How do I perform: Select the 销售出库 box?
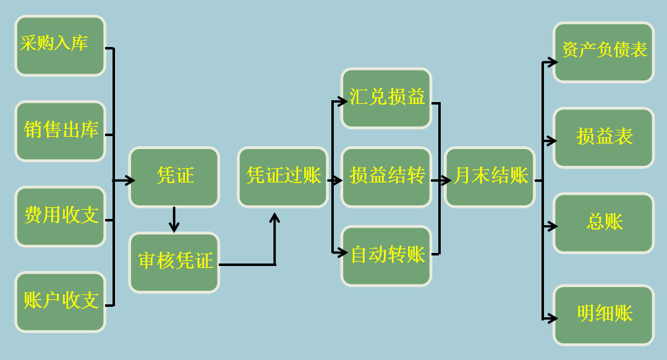coord(61,131)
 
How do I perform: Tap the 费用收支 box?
coord(61,216)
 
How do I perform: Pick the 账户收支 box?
coord(61,302)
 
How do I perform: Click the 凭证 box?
coord(174,177)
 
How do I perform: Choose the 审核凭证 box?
coord(174,262)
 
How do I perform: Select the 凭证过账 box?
coord(283,177)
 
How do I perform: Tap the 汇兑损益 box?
coord(386,98)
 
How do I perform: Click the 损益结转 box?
coord(386,177)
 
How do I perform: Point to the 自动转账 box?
coord(386,255)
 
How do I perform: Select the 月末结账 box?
coord(490,177)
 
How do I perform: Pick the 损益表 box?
coord(603,137)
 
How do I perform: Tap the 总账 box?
coord(603,223)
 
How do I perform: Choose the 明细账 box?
coord(603,315)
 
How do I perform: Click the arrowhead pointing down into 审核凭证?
coord(174,228)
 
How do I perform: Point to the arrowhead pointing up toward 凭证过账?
coord(275,217)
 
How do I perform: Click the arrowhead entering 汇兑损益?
coord(343,101)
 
